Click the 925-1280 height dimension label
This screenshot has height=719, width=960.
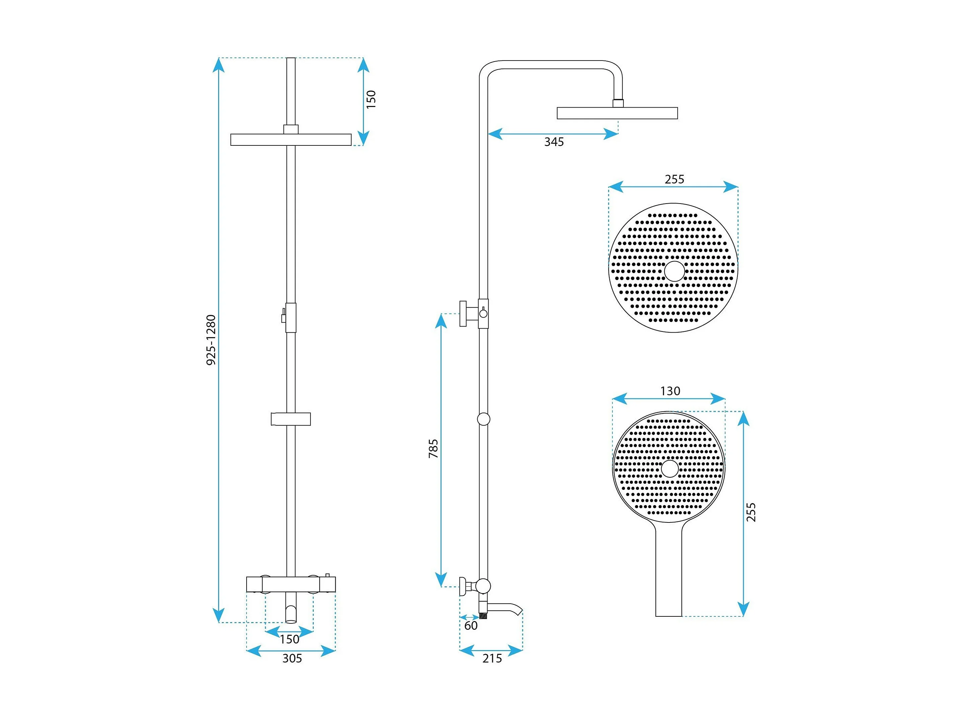pyautogui.click(x=211, y=340)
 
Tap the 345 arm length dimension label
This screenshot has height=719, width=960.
pyautogui.click(x=554, y=142)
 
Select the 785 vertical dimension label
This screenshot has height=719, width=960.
pyautogui.click(x=433, y=448)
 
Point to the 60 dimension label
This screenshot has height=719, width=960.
pyautogui.click(x=471, y=625)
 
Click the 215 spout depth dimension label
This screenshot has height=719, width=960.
pyautogui.click(x=492, y=658)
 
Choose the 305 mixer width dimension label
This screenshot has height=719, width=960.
pyautogui.click(x=292, y=658)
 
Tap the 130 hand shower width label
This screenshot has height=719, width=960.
pyautogui.click(x=670, y=391)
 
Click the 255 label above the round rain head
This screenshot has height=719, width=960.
pyautogui.click(x=675, y=179)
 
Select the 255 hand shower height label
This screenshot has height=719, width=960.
pyautogui.click(x=751, y=512)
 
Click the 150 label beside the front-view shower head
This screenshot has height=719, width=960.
pyautogui.click(x=371, y=99)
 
